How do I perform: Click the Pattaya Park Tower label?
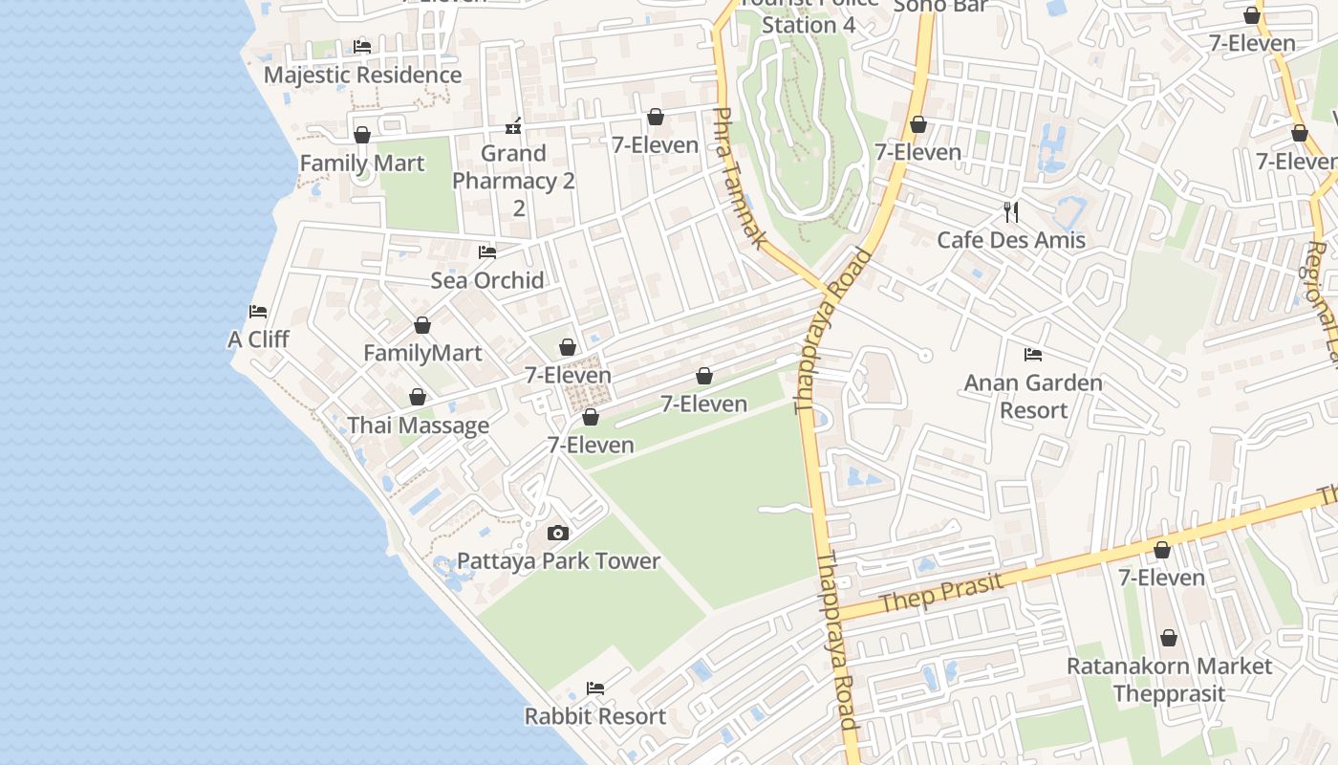point(558,560)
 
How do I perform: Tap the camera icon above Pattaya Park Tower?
point(558,534)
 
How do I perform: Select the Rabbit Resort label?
point(595,715)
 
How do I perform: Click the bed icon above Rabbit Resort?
point(595,688)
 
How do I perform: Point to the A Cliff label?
point(258,339)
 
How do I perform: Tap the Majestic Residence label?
point(362,75)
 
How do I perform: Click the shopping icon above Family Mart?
point(362,136)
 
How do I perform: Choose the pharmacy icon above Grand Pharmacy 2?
point(513,126)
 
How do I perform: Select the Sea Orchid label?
point(487,280)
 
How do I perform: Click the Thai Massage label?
point(418,426)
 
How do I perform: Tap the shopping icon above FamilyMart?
point(422,326)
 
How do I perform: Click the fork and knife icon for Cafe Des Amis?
point(1011,211)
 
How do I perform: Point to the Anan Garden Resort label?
point(1033,396)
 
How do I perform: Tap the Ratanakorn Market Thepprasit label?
point(1169,679)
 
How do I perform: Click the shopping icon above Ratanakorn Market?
point(1169,638)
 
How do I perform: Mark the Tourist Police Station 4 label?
point(809,15)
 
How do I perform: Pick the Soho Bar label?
point(940,6)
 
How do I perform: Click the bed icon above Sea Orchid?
point(487,252)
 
